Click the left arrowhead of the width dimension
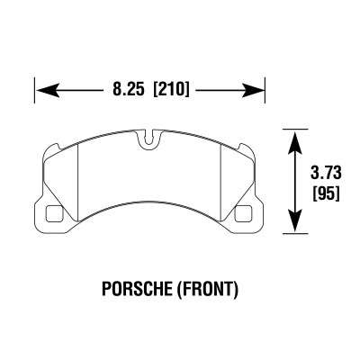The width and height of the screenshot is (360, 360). click(45, 91)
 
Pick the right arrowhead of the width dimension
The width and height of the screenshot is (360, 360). click(256, 91)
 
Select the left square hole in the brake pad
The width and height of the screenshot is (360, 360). click(54, 214)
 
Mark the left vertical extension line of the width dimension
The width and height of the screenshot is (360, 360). click(35, 91)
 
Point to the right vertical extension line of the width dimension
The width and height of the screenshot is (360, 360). click(266, 91)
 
